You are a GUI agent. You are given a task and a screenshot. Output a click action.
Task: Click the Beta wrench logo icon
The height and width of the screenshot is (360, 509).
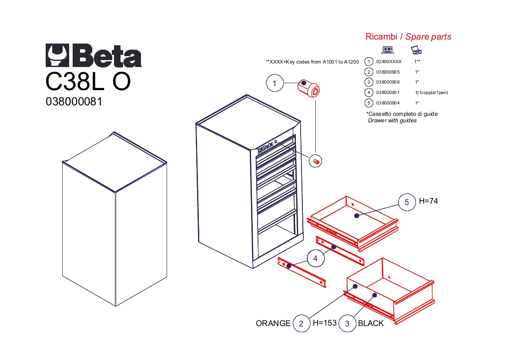click(x=57, y=56)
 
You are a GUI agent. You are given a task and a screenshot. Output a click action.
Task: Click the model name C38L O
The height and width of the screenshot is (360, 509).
click(x=88, y=81)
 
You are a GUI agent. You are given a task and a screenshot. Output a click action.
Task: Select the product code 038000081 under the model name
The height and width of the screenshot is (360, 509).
click(x=74, y=102)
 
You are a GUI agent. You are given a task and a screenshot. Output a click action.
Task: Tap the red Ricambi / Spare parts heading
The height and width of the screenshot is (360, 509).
click(x=409, y=37)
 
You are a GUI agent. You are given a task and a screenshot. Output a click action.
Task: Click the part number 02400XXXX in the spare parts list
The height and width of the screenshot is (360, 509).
click(x=388, y=61)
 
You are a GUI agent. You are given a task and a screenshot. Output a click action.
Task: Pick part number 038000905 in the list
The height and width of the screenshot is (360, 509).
click(x=388, y=72)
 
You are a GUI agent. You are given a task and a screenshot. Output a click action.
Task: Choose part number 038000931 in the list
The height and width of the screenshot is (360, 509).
click(x=388, y=93)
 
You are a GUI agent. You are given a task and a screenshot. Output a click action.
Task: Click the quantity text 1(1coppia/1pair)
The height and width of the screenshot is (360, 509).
click(x=432, y=93)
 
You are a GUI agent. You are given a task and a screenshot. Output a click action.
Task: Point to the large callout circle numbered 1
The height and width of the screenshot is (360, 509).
click(x=275, y=83)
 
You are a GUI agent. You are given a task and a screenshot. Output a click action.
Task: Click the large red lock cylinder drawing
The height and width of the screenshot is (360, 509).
click(x=309, y=88)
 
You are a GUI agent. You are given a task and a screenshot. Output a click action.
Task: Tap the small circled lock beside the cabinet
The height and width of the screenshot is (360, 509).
click(x=315, y=161)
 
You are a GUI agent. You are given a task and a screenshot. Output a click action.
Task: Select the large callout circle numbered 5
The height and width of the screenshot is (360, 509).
click(x=407, y=202)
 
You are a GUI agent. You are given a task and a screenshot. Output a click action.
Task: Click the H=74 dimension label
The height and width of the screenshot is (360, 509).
click(x=428, y=201)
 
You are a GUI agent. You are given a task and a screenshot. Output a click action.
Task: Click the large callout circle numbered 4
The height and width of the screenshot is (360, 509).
click(x=315, y=258)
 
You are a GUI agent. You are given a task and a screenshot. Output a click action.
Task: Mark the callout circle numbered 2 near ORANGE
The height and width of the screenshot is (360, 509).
click(x=301, y=323)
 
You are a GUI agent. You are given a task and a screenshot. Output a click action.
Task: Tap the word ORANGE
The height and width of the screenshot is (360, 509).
click(x=273, y=323)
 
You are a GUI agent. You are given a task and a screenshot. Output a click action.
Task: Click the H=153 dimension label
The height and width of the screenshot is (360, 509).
click(x=325, y=323)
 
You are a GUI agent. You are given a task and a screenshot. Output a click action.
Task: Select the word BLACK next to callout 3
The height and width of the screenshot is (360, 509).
click(x=371, y=323)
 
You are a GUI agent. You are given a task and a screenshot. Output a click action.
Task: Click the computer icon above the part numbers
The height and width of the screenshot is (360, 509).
click(x=388, y=50)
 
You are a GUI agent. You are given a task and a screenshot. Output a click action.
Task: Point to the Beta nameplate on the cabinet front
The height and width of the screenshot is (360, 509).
click(x=267, y=147)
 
